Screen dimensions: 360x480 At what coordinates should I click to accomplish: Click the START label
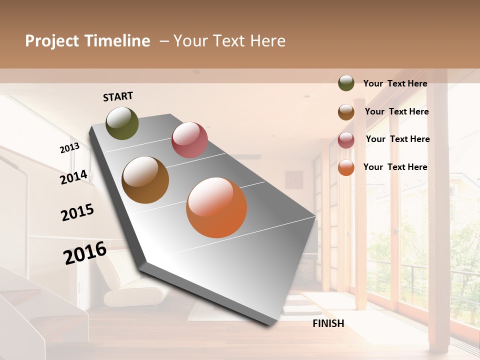[118, 96]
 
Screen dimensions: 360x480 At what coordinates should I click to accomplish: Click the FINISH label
[328, 323]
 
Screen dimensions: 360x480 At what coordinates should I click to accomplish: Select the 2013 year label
[69, 148]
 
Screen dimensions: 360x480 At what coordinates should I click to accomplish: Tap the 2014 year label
[73, 177]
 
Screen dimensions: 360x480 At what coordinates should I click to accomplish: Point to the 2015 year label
[77, 212]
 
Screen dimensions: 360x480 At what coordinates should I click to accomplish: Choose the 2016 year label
[85, 253]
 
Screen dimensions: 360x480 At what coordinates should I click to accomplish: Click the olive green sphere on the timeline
[122, 123]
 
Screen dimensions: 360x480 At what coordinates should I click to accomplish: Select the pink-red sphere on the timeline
[189, 140]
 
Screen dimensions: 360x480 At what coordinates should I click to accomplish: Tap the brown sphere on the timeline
[145, 180]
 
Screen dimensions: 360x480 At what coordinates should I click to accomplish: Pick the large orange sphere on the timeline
[216, 207]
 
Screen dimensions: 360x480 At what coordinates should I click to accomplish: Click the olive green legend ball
[346, 83]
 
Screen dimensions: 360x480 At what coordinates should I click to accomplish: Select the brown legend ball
[346, 112]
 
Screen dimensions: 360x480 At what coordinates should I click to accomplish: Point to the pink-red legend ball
[346, 140]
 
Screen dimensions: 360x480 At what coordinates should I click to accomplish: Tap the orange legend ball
[346, 167]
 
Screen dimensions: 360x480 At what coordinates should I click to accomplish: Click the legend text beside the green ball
[395, 84]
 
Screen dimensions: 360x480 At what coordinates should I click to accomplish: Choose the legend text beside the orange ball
[395, 167]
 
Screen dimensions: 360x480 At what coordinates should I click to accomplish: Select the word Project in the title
[52, 41]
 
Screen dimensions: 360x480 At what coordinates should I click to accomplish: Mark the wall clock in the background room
[295, 179]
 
